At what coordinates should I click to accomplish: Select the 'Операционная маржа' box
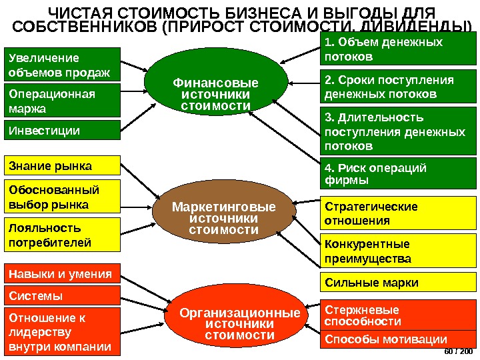(63, 100)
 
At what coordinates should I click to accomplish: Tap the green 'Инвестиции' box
(63, 130)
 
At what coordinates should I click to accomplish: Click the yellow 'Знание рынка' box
(63, 165)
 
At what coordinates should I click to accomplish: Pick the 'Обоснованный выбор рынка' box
(63, 195)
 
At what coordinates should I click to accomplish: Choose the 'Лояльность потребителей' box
(63, 233)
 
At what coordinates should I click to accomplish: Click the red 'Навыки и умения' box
(63, 273)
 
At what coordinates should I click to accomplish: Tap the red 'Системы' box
(63, 295)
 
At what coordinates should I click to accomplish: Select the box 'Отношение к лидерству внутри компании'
(63, 331)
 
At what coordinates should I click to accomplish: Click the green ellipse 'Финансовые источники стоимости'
(215, 94)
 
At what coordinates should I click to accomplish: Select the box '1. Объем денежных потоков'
(399, 49)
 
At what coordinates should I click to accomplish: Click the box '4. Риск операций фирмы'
(399, 173)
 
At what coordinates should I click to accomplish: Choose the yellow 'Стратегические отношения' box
(399, 213)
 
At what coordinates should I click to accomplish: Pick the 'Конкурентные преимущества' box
(399, 251)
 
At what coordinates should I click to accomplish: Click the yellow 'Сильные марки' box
(399, 283)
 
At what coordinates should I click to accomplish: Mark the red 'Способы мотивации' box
(399, 339)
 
